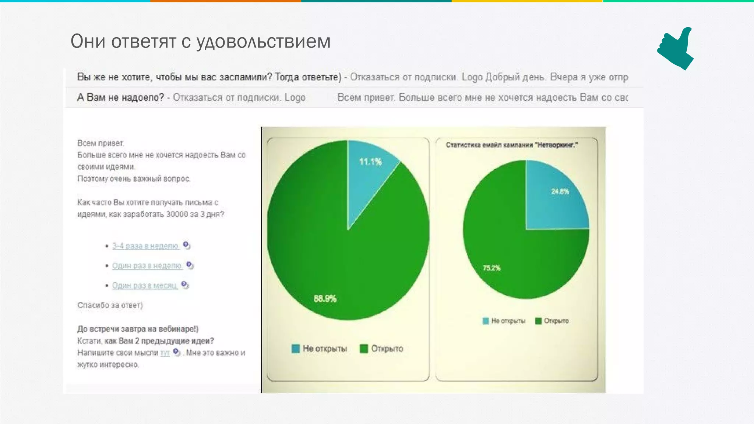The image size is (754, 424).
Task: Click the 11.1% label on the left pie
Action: click(x=370, y=162)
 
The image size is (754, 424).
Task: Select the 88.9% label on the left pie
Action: click(x=325, y=298)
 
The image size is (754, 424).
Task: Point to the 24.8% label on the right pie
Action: click(x=560, y=191)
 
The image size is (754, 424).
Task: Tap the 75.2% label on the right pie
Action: click(x=491, y=268)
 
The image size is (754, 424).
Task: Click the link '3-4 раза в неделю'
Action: click(x=145, y=246)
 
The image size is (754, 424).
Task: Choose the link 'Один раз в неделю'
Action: click(x=147, y=266)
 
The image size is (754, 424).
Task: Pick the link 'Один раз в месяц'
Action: click(x=145, y=286)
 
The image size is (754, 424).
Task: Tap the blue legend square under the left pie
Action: click(x=295, y=349)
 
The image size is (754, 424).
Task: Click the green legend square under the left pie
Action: click(x=364, y=349)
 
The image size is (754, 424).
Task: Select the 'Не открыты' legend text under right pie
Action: click(x=508, y=321)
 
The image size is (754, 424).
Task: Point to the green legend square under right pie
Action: click(x=538, y=321)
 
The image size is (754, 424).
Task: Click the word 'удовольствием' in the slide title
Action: click(x=263, y=41)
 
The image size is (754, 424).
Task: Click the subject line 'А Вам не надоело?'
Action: click(x=120, y=98)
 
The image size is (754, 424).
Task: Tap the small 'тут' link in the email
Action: click(x=165, y=353)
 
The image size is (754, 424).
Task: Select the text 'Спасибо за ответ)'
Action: click(x=110, y=305)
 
